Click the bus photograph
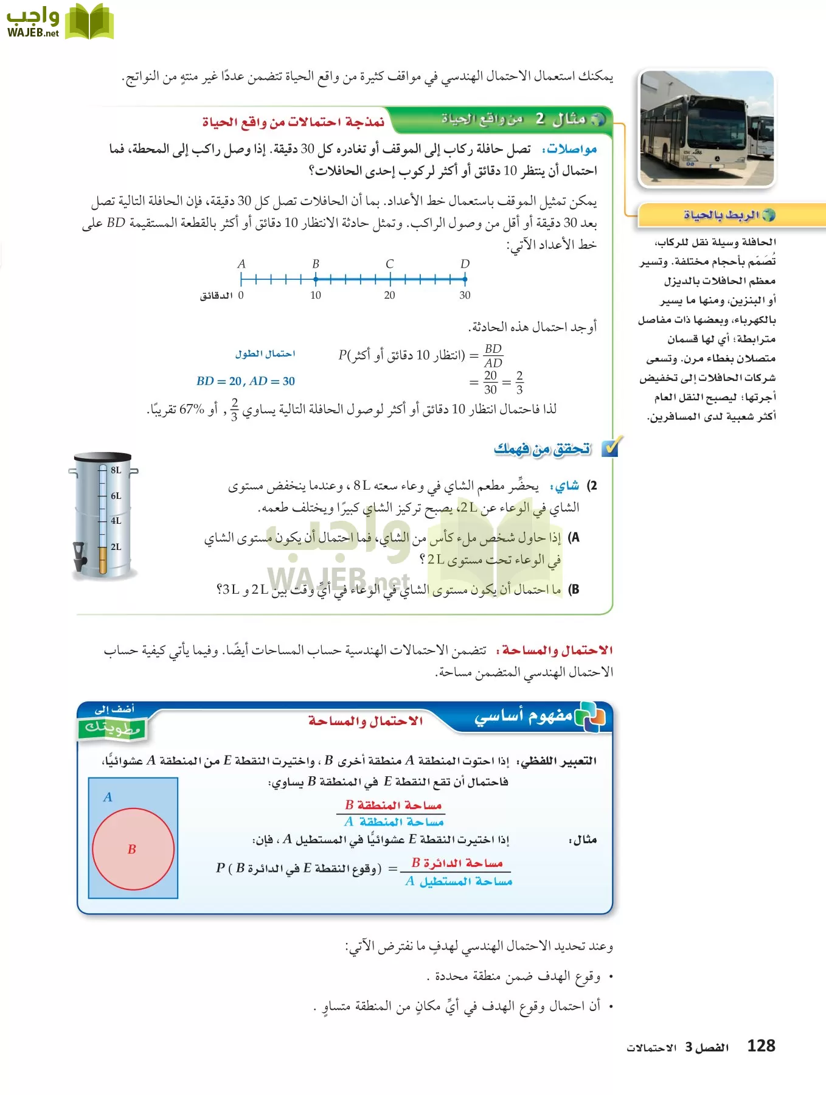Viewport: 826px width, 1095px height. tap(707, 128)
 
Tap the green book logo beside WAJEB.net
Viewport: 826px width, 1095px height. tap(89, 22)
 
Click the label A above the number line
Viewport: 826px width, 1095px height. tap(241, 264)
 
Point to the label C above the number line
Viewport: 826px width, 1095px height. tap(390, 264)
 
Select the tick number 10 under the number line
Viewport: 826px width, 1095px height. tap(316, 296)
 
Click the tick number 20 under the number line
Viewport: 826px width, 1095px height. tap(390, 296)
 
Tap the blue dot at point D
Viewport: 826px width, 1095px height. tap(465, 279)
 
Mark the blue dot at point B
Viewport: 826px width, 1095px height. tap(316, 279)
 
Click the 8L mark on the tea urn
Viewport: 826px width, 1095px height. tap(116, 470)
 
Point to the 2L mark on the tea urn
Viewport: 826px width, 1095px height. tap(116, 547)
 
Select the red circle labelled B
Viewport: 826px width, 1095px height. tap(133, 849)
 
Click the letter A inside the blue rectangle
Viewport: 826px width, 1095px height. tap(108, 797)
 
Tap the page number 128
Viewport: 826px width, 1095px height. tap(761, 1046)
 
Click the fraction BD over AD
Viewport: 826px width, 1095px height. tap(493, 356)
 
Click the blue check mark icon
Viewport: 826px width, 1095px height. tap(609, 447)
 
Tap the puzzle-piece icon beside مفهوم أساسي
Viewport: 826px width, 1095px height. tap(590, 716)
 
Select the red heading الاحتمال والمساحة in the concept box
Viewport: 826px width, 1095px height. tap(365, 721)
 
